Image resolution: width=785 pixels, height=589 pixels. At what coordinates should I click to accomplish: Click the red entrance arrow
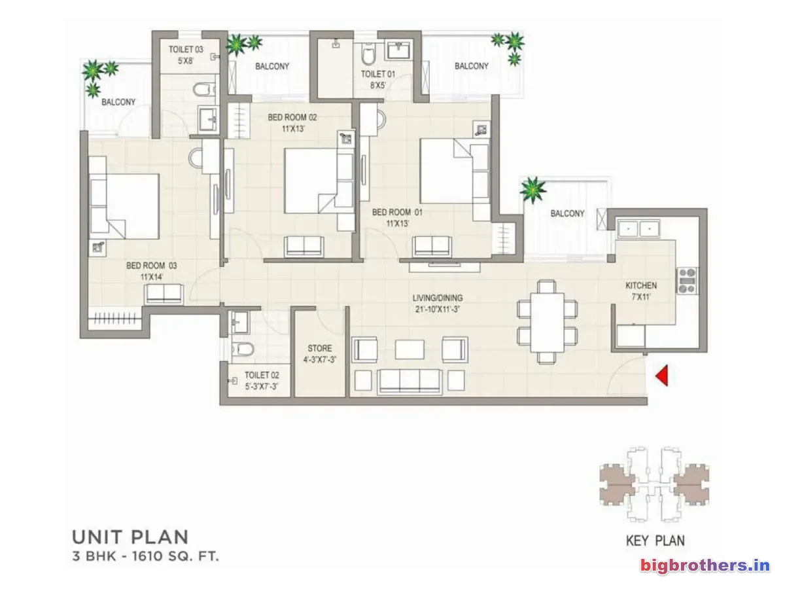[x=662, y=376]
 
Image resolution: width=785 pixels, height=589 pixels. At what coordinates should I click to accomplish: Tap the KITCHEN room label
[x=641, y=285]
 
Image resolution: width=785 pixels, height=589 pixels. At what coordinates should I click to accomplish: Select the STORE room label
[x=320, y=348]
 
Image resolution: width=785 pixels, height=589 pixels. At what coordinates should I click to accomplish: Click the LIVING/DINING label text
[x=438, y=298]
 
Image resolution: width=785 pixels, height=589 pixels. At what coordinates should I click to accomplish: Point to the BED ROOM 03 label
[x=151, y=265]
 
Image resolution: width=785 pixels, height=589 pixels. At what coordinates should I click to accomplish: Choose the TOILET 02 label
[x=262, y=375]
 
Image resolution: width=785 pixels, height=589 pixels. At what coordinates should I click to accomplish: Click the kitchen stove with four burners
[x=687, y=280]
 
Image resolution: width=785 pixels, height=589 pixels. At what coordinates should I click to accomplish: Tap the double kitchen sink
[x=638, y=229]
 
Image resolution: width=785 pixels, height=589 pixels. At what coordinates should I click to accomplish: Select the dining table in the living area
[x=547, y=322]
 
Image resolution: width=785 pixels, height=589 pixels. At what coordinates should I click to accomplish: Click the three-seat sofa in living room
[x=410, y=382]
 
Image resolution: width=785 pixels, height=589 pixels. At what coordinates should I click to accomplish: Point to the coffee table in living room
[x=410, y=349]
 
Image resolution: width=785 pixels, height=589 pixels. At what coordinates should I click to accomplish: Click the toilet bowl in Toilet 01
[x=368, y=54]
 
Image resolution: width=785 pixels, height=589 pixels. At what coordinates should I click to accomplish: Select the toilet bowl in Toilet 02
[x=243, y=349]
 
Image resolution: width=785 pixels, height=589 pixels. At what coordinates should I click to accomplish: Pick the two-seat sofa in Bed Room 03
[x=164, y=294]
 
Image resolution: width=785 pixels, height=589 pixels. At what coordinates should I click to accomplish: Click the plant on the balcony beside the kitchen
[x=533, y=190]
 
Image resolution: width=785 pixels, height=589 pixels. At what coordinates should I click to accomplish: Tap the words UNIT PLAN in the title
[x=131, y=537]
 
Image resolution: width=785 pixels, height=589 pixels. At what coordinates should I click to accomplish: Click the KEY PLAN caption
[x=655, y=541]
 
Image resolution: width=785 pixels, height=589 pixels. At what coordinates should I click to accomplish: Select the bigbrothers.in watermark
[x=705, y=565]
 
